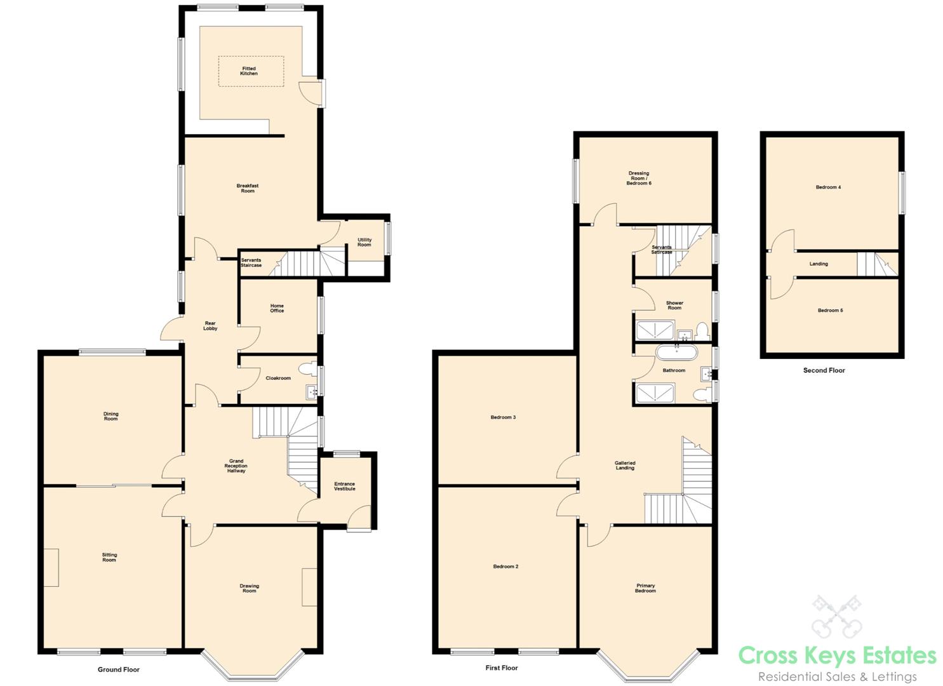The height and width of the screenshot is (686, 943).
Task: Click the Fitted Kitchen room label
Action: click(249, 71)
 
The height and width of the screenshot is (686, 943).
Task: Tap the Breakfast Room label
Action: click(248, 189)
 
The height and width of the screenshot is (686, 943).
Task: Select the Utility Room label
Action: click(364, 243)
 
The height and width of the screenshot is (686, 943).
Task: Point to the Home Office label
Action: click(277, 308)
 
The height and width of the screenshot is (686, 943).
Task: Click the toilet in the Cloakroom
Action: click(307, 367)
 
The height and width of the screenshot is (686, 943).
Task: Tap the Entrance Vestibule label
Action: click(345, 487)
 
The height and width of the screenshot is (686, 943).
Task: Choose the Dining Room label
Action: click(111, 417)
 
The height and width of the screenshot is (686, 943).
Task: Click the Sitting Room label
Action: click(109, 558)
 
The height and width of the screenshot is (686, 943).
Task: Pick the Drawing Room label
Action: click(250, 589)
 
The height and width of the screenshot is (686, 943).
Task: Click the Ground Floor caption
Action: click(119, 669)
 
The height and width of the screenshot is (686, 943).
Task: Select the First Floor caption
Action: click(502, 668)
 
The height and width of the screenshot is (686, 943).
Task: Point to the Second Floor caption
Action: click(824, 370)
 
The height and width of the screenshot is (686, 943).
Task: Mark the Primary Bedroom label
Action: click(645, 588)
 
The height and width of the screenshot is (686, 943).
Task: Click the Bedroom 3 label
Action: click(503, 417)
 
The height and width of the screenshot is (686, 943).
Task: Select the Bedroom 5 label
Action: click(830, 311)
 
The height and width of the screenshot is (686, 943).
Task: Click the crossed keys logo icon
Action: click(836, 615)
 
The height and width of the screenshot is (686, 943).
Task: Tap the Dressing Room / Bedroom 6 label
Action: click(639, 178)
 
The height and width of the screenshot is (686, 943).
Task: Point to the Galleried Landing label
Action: click(625, 466)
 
